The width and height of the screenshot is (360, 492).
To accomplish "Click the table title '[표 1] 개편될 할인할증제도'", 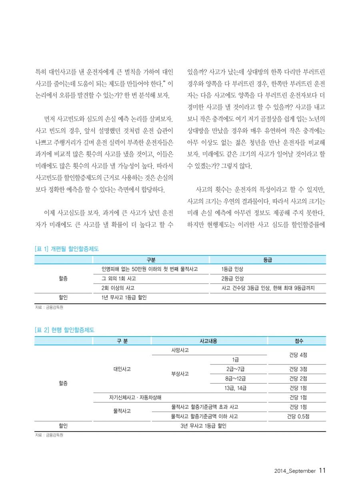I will click(x=67, y=249).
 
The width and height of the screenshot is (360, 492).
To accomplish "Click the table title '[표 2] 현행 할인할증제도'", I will click(x=64, y=330).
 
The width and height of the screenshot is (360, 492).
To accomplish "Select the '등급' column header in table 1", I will click(x=268, y=260).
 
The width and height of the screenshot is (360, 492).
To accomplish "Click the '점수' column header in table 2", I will click(x=298, y=341).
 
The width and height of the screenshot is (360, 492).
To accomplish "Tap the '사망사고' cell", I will click(x=180, y=350).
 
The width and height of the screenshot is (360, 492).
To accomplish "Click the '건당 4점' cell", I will click(x=298, y=355).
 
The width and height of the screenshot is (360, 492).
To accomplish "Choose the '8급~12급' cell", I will click(x=236, y=378).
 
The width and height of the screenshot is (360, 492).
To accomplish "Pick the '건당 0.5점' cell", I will click(x=298, y=416).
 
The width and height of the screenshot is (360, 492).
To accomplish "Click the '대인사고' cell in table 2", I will click(x=122, y=369).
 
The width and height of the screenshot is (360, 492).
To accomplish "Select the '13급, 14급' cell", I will click(x=236, y=388).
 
